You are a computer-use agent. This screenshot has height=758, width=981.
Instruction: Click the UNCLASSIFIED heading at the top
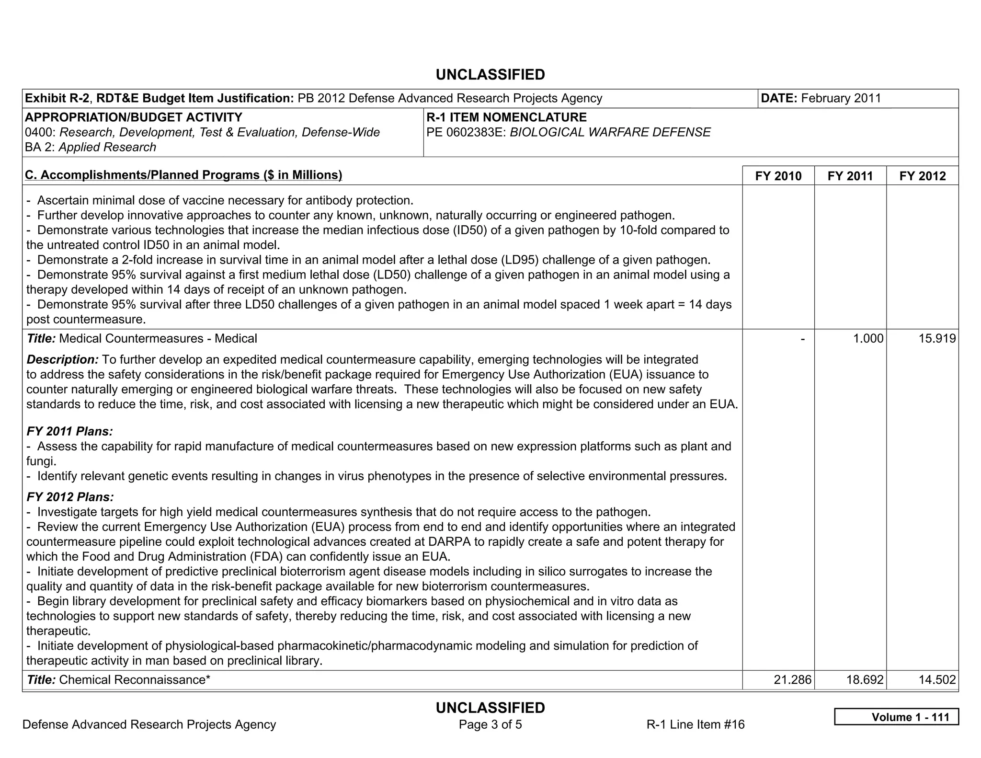coord(490,75)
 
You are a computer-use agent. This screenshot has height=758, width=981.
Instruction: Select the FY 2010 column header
coord(778,176)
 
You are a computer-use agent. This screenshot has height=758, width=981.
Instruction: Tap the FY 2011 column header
coord(850,176)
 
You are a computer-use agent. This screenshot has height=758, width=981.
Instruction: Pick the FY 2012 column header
coord(922,176)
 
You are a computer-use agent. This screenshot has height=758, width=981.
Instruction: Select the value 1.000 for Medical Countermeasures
coord(867,339)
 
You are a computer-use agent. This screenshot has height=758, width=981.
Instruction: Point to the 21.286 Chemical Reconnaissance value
coord(792,679)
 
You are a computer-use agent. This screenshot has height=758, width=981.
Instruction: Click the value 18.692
coord(865,679)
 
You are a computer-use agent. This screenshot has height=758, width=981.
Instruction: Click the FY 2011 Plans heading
coord(69,431)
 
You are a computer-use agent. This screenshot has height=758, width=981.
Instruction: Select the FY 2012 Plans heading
coord(70,497)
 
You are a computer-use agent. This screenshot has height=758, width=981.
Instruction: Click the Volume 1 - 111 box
coord(896,717)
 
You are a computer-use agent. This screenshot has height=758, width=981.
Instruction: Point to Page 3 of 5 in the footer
coord(490,724)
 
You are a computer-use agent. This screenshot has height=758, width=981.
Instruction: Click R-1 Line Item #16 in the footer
coord(695,724)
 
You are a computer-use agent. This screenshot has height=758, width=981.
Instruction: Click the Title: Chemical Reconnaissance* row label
coord(118,679)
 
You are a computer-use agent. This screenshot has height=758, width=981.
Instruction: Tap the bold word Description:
coord(62,359)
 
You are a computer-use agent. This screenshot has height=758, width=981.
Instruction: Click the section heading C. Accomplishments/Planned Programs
coord(183,175)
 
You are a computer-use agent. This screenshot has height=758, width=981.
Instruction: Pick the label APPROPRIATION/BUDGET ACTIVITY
coord(133,117)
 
